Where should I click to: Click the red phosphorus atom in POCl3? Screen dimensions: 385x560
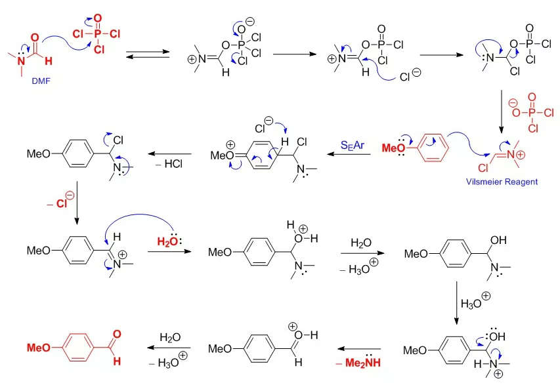[98, 32]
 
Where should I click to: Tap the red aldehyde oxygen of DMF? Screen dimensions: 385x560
[34, 37]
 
